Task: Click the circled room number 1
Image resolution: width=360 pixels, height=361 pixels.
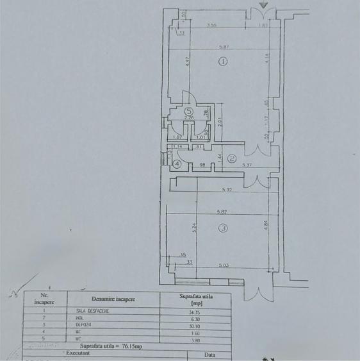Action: (x=222, y=62)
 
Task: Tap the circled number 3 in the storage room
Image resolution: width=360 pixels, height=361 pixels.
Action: (x=222, y=228)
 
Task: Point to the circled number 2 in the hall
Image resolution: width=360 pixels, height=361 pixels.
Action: (x=233, y=158)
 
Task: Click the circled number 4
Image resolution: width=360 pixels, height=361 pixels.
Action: (x=177, y=164)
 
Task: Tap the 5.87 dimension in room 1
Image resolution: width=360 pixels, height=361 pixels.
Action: (x=222, y=47)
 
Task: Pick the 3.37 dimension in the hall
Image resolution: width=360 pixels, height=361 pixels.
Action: (x=247, y=165)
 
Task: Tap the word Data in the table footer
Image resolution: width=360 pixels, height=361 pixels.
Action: (x=209, y=353)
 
